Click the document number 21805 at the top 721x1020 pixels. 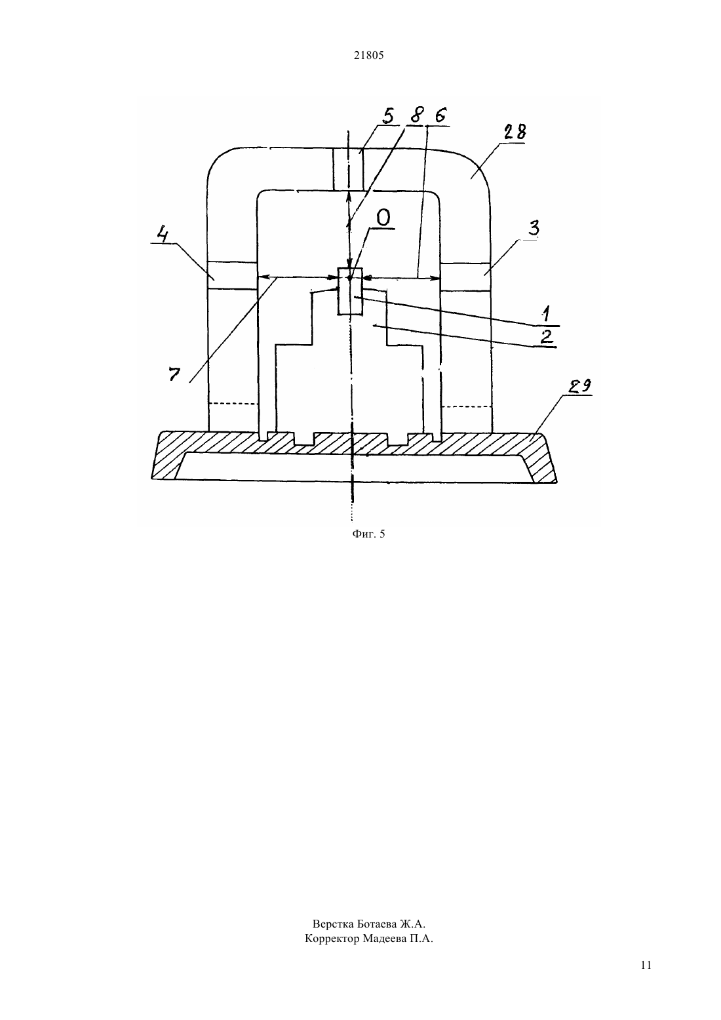[368, 56]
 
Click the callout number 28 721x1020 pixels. [515, 132]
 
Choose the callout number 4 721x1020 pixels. [163, 235]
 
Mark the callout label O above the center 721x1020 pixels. [383, 218]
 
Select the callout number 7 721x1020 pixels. [174, 374]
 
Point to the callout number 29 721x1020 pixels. [579, 386]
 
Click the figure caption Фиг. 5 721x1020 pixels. [368, 534]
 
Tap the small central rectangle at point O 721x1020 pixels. [350, 291]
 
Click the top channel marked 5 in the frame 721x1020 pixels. [349, 169]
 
